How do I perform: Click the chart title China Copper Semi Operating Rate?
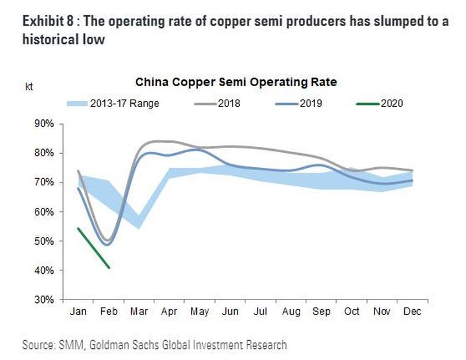coord(236,82)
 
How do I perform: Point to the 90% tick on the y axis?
coord(44,124)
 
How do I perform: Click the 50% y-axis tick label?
coord(44,241)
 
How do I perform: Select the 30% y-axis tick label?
coord(44,300)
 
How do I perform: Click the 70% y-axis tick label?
coord(44,182)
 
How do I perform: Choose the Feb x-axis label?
coord(108,312)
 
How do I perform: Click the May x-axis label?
coord(200,312)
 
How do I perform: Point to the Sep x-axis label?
coord(322,312)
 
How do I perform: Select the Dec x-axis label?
coord(412,312)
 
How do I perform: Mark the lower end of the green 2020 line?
coord(109,267)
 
